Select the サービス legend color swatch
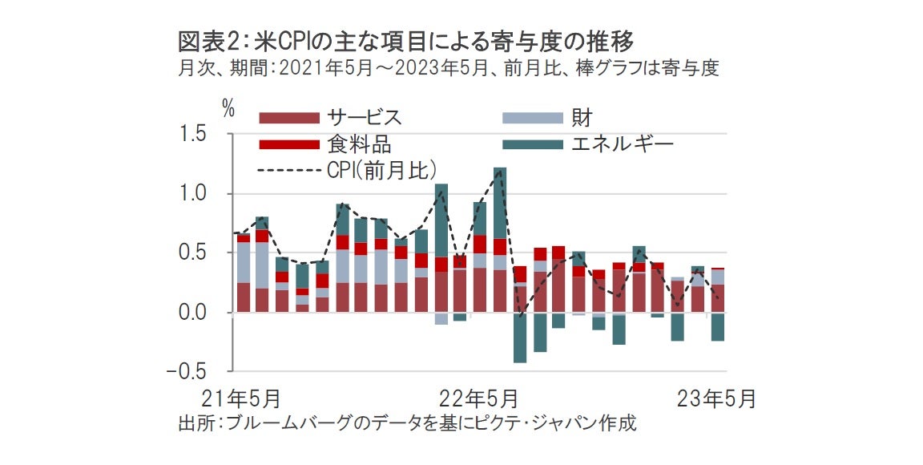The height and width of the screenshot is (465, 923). (288, 118)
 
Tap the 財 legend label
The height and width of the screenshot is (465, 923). (582, 118)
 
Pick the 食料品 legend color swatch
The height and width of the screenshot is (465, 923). (288, 144)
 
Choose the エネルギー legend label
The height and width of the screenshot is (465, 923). (622, 144)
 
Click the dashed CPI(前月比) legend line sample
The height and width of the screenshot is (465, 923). (288, 170)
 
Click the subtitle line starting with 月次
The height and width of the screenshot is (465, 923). (449, 68)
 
